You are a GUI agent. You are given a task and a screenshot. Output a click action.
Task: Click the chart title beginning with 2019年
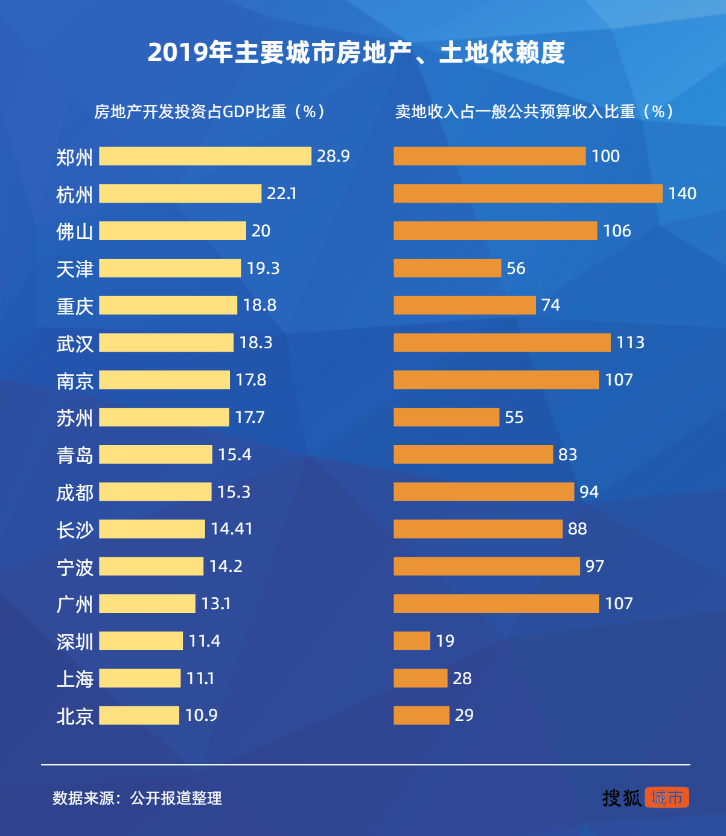356,52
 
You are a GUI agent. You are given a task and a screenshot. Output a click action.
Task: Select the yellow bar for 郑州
205,156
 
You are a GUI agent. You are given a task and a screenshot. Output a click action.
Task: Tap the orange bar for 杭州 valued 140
527,194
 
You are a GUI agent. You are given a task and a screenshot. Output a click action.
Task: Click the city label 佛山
74,232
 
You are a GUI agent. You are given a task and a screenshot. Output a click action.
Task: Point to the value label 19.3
263,268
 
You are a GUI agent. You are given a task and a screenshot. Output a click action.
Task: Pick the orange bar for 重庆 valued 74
464,305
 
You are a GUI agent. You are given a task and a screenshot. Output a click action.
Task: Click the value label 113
630,343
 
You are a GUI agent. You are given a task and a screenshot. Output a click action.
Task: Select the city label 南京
74,381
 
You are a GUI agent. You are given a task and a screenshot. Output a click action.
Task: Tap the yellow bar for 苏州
164,417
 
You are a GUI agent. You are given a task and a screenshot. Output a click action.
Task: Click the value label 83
567,455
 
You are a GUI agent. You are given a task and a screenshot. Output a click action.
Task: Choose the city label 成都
74,493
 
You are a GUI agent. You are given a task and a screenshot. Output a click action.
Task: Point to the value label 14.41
232,529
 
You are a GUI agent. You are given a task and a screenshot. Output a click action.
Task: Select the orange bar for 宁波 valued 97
486,566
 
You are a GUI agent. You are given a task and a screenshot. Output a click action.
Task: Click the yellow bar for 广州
147,604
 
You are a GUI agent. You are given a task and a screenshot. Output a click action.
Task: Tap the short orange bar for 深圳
412,641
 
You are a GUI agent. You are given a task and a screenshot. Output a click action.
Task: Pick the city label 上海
74,679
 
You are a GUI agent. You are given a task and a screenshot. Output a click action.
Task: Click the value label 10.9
201,715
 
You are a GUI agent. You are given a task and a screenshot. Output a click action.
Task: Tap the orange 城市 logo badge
667,797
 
